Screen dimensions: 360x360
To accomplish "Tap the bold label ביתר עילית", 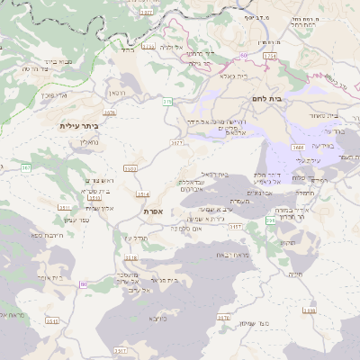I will click(x=84, y=126).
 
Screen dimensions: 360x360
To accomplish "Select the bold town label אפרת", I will click(x=152, y=211).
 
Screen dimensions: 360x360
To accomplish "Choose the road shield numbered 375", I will click(x=167, y=102).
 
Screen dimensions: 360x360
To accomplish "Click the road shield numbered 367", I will click(x=26, y=167).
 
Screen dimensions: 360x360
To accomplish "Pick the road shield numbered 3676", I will click(x=109, y=112).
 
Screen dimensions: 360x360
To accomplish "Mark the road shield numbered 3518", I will click(x=130, y=258).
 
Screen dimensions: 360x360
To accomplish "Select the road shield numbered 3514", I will click(x=142, y=193).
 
